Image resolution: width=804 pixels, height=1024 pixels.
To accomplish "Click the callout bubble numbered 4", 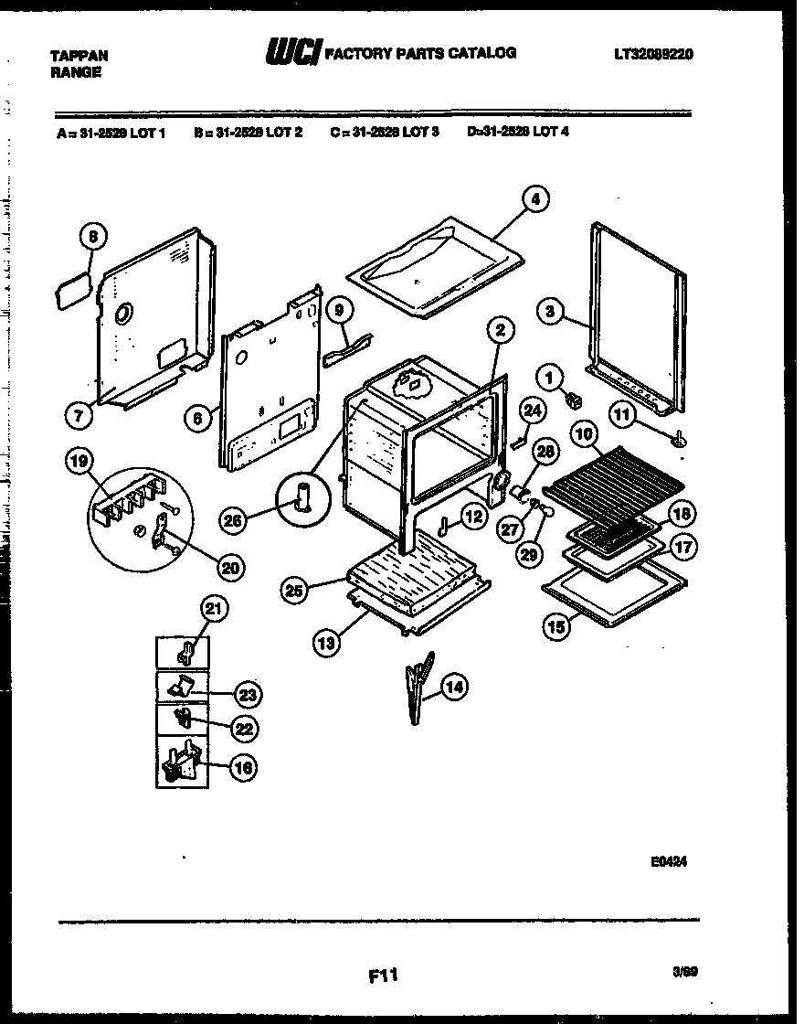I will point(536,198).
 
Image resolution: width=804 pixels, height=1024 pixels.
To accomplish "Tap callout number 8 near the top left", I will point(91,237).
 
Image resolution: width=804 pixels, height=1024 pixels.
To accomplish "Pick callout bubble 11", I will point(623,416).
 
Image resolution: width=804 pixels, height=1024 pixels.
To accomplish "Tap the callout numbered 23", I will point(246,696).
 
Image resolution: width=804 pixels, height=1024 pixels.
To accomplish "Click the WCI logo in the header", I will point(291,54).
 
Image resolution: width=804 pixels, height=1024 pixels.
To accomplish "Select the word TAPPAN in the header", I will point(78,55).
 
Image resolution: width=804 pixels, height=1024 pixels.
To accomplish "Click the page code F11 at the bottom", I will point(384,976).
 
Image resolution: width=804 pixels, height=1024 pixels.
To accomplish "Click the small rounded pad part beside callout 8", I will point(71,292).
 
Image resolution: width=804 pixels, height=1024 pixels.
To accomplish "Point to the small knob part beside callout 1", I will point(576,399).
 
